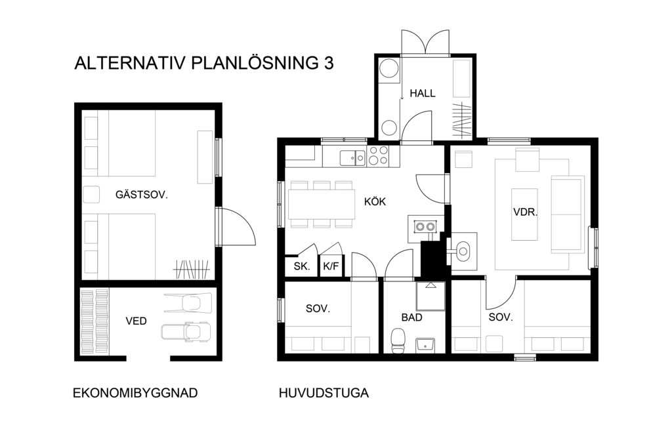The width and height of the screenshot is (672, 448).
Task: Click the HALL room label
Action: click(422, 93)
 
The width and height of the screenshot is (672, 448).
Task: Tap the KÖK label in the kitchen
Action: click(375, 201)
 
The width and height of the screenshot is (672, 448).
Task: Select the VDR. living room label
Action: click(525, 212)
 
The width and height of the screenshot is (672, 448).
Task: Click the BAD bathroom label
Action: click(412, 317)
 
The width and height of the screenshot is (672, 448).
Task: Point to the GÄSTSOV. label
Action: click(142, 195)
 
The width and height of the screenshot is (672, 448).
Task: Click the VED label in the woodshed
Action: click(136, 321)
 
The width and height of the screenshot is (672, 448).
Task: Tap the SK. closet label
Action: click(302, 266)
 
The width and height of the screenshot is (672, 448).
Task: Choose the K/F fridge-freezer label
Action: click(331, 266)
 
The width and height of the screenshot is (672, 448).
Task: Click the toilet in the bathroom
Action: click(398, 341)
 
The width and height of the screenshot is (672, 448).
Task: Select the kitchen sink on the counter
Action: click(352, 158)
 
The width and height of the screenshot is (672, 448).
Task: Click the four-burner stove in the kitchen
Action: click(377, 156)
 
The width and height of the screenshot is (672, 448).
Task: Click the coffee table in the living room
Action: click(524, 214)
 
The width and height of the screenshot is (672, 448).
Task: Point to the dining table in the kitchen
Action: click(322, 204)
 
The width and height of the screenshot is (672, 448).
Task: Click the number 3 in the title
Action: click(328, 63)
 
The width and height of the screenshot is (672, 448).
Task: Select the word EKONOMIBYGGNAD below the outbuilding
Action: click(135, 393)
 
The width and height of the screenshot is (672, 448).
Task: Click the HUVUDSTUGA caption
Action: click(324, 393)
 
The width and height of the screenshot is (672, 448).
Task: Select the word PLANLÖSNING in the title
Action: click(253, 63)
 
